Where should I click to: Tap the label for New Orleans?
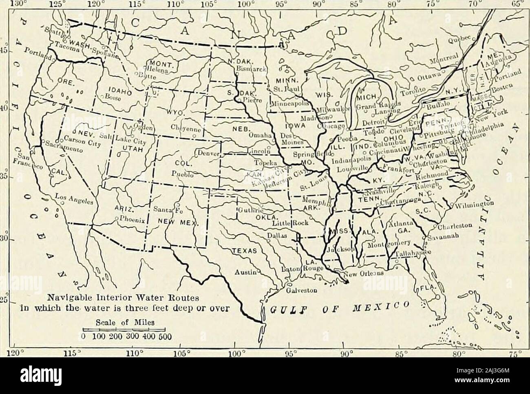364,274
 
